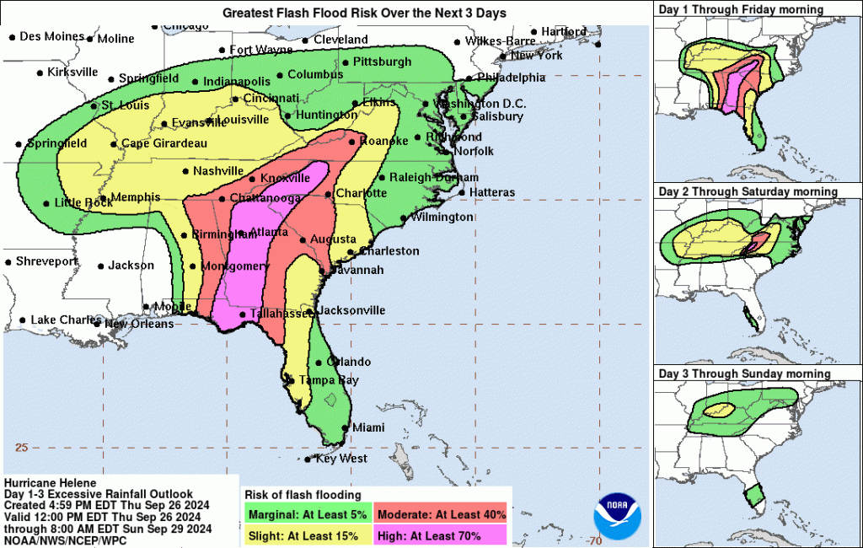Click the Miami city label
pyautogui.click(x=367, y=427)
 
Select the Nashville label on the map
pyautogui.click(x=217, y=171)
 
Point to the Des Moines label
pyautogui.click(x=51, y=36)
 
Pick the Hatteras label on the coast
pyautogui.click(x=491, y=192)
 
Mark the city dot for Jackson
pyautogui.click(x=101, y=266)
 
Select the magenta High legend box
pyautogui.click(x=442, y=535)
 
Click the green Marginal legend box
pyautogui.click(x=308, y=514)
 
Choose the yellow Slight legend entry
pyautogui.click(x=308, y=535)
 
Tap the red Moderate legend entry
pyautogui.click(x=442, y=514)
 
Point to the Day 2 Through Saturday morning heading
pyautogui.click(x=748, y=192)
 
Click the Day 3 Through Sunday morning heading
pyautogui.click(x=744, y=373)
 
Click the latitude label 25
pyautogui.click(x=22, y=447)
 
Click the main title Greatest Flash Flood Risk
pyautogui.click(x=365, y=13)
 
